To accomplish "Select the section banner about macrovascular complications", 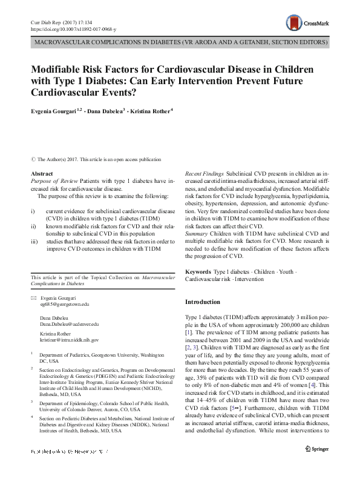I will click(180, 43).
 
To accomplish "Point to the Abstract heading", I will click(42, 174).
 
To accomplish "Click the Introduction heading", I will click(203, 302).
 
